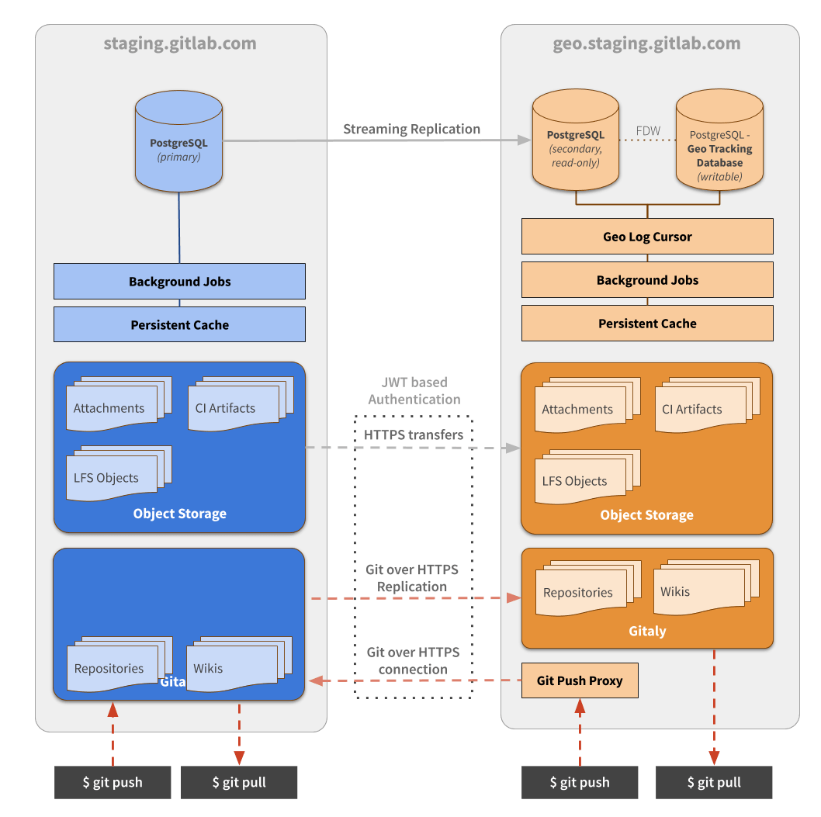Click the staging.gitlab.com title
[180, 43]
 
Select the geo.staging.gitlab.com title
[646, 43]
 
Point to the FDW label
[648, 131]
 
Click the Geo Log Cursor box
[647, 237]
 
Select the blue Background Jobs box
[179, 281]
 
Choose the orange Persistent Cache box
[647, 324]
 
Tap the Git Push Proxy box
[579, 680]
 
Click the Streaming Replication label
[412, 130]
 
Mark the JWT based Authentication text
[414, 390]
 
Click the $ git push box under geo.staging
[579, 782]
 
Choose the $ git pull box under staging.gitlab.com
[239, 782]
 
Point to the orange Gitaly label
[647, 631]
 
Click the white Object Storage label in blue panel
[179, 514]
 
